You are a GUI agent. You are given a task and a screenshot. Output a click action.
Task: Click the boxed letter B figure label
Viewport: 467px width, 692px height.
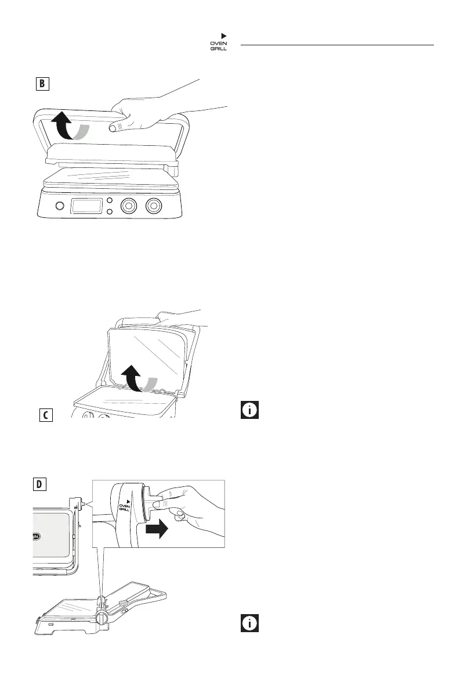41,84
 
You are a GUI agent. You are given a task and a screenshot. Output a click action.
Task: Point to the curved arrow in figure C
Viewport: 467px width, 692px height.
139,381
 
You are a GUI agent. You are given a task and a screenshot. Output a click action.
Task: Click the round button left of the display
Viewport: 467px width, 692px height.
59,206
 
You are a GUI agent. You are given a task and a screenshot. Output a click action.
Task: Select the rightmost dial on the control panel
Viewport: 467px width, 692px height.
154,205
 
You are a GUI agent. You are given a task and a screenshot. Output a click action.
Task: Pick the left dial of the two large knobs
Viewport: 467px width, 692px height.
128,205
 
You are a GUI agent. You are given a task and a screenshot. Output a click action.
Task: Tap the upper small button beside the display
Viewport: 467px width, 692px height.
109,200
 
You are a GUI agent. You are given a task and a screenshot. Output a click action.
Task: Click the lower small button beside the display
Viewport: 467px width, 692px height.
109,211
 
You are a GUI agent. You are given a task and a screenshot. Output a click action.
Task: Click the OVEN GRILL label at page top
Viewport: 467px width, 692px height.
219,45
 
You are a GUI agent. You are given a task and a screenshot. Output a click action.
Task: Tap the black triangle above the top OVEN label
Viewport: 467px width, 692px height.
223,36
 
